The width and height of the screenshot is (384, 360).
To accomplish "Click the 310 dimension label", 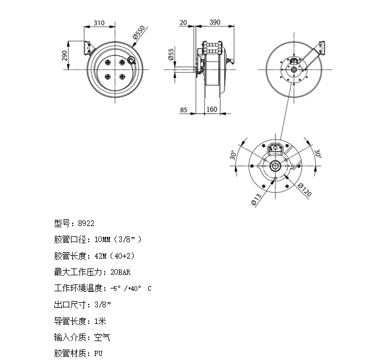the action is (x=99, y=23).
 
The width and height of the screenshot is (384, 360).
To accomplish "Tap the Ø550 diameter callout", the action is (x=139, y=32).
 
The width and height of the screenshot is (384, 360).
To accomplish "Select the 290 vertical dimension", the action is (x=65, y=56).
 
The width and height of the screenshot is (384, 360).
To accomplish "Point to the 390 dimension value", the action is (x=215, y=22).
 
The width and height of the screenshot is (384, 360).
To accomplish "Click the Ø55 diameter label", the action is (x=171, y=54).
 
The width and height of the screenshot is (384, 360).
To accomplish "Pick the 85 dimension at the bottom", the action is (x=184, y=110).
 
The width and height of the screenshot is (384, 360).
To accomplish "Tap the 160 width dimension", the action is (x=212, y=109).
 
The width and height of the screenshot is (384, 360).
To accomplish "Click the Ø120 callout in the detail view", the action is (x=305, y=190).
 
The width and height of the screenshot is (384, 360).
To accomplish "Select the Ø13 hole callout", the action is (x=256, y=199).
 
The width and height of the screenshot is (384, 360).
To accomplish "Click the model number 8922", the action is (x=86, y=223).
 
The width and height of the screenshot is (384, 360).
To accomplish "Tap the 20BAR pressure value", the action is (x=121, y=272).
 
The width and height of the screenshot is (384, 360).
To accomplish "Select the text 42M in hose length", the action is (x=101, y=256).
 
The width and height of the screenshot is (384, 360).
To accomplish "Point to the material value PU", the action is (x=98, y=353).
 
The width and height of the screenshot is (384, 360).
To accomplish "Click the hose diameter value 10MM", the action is (x=102, y=239).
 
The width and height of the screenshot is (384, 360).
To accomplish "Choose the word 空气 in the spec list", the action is (x=102, y=337).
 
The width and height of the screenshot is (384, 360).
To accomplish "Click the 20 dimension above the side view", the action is (x=183, y=22).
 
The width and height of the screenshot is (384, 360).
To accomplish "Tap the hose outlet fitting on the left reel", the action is (x=132, y=60).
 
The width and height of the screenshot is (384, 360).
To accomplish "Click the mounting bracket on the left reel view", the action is (x=88, y=48).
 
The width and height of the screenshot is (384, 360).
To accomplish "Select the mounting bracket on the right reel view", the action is (x=321, y=48).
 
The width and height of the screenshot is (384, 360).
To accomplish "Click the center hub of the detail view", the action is (x=275, y=166).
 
